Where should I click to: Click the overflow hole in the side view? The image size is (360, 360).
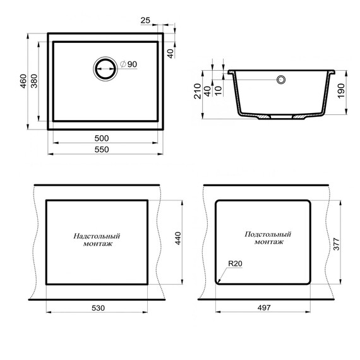pyautogui.click(x=280, y=80)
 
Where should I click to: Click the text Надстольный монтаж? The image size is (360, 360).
pyautogui.click(x=97, y=239)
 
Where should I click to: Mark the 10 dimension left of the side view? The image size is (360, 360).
pyautogui.click(x=218, y=90)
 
